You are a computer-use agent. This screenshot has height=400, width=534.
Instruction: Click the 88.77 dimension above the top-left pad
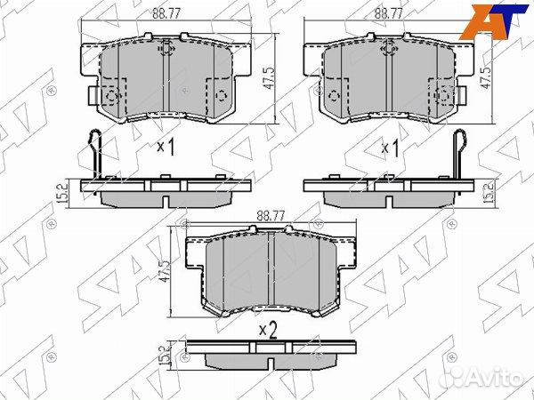pos(166,14)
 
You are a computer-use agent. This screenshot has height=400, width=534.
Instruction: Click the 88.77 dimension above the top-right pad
pos(389,14)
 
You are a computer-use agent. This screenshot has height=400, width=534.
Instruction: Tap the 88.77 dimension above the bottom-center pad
pos(271,216)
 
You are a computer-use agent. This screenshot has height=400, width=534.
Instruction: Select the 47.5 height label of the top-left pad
pos(269,78)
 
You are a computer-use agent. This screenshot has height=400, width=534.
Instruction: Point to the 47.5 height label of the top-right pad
pos(486,78)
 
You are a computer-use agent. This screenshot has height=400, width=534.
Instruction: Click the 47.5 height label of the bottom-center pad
pos(165,271)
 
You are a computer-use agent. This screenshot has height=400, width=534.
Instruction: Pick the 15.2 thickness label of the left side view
pos(63,193)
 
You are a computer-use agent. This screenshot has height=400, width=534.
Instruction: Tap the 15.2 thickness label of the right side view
pos(489,193)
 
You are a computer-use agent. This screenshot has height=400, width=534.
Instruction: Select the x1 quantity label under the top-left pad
pos(166,147)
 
